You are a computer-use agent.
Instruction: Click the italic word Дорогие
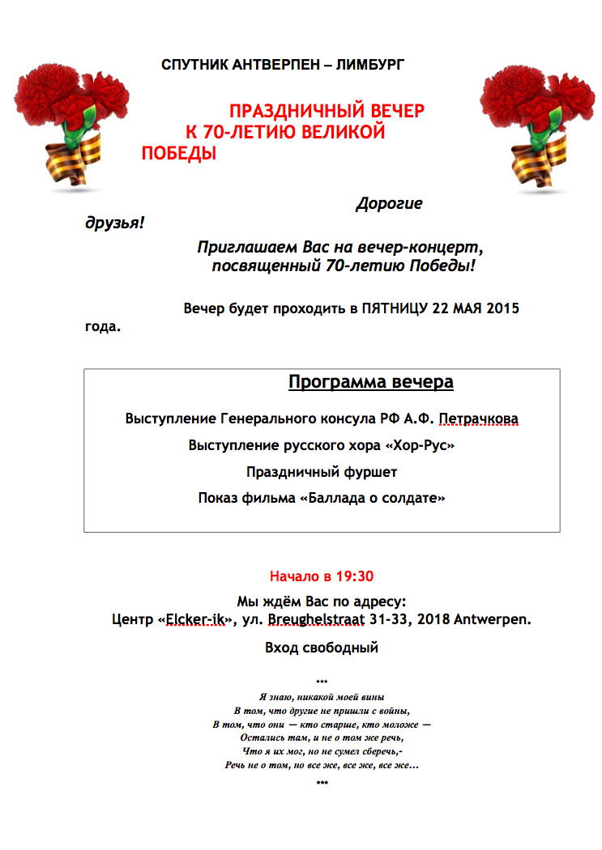(x=389, y=204)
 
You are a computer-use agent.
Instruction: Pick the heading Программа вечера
(x=371, y=382)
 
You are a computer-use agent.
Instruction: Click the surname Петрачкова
(x=479, y=419)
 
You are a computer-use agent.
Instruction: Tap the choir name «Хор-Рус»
(x=421, y=445)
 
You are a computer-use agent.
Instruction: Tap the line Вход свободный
(x=322, y=648)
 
